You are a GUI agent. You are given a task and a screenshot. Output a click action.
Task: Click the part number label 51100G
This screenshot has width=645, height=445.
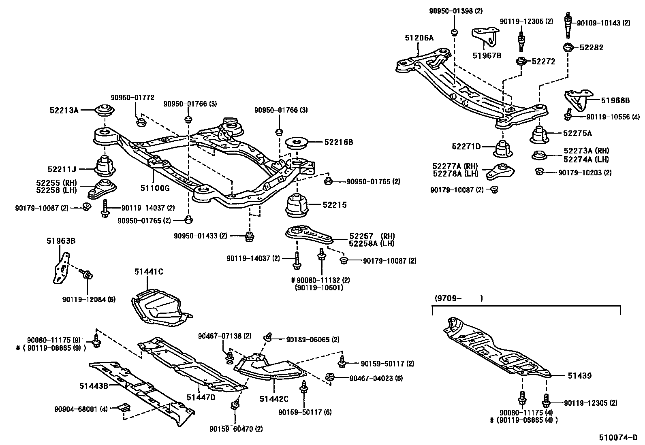155,188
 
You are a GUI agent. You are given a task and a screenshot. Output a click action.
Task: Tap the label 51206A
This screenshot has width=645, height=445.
419,38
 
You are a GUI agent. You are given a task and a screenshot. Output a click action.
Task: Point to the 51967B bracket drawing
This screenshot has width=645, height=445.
485,37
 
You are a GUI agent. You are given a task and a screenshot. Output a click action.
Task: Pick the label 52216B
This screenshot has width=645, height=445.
338,142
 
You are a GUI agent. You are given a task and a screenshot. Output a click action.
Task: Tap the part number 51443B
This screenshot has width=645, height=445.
94,386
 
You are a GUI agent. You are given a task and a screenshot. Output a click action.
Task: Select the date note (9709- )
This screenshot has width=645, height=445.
458,298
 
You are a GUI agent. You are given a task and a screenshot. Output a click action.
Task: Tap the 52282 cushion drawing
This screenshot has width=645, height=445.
569,47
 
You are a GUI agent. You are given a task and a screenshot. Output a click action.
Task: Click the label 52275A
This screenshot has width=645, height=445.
577,133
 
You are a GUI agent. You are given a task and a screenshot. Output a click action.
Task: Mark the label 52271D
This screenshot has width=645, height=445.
466,146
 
